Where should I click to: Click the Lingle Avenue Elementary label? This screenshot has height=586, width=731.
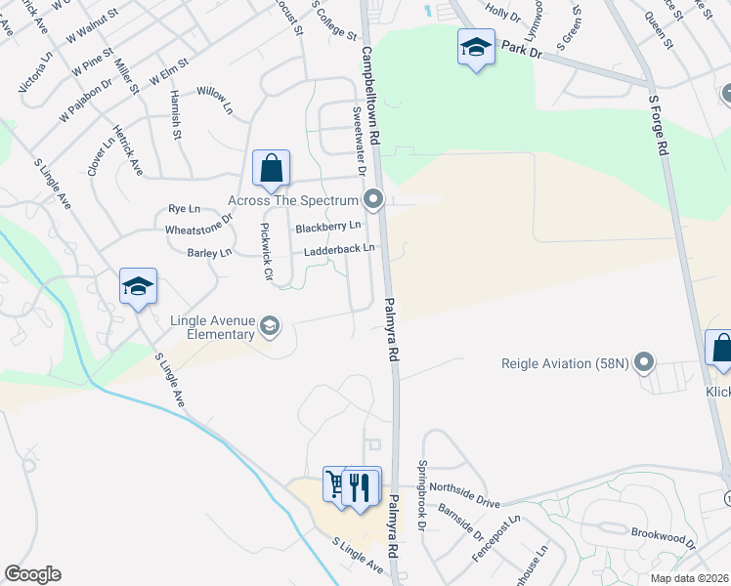pyautogui.click(x=213, y=327)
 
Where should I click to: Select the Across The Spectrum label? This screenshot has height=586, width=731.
pyautogui.click(x=294, y=200)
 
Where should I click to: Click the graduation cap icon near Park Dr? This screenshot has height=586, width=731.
pyautogui.click(x=476, y=46)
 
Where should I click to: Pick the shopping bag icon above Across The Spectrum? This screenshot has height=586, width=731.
pyautogui.click(x=271, y=168)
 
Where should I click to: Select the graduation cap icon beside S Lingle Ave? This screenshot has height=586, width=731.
pyautogui.click(x=138, y=286)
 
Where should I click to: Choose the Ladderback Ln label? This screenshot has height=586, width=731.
pyautogui.click(x=339, y=249)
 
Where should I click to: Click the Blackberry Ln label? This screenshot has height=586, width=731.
pyautogui.click(x=327, y=227)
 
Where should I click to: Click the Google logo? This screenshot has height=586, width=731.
pyautogui.click(x=32, y=574)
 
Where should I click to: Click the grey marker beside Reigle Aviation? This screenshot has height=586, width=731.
pyautogui.click(x=643, y=364)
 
